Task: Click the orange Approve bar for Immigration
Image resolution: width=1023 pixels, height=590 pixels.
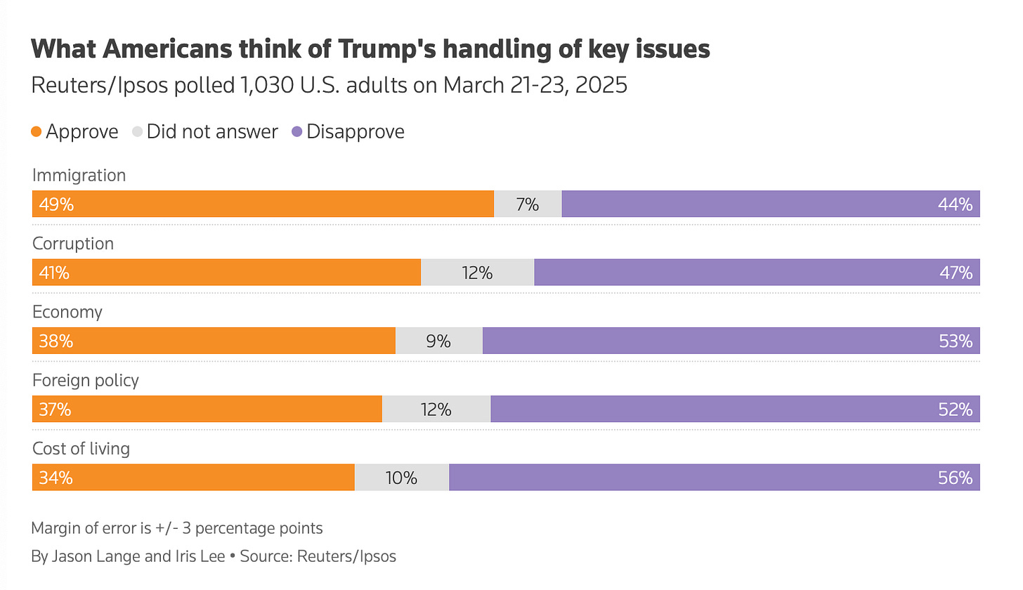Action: (263, 204)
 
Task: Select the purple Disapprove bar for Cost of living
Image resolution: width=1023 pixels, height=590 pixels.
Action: (714, 478)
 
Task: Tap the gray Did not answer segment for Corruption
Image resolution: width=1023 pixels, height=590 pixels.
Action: (477, 273)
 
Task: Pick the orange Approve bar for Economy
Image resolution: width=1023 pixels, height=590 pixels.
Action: (214, 341)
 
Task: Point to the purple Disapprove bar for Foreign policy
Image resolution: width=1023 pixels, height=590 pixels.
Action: (735, 409)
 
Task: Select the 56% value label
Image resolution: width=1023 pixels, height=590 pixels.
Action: (955, 478)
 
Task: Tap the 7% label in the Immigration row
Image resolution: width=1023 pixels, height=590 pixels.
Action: (527, 204)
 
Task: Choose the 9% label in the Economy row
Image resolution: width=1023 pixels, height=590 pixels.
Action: (438, 341)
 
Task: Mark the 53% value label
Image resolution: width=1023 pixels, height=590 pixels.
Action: (955, 341)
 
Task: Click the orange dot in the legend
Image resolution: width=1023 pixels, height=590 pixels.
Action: (37, 131)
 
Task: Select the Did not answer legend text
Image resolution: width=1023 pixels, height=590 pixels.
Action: (212, 131)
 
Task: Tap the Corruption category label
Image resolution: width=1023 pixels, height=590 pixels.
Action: (73, 243)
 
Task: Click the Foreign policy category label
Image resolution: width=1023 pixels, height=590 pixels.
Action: (86, 380)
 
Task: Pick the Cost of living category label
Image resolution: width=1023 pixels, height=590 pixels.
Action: (81, 448)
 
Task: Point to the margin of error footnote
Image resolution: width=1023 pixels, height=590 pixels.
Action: (177, 527)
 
